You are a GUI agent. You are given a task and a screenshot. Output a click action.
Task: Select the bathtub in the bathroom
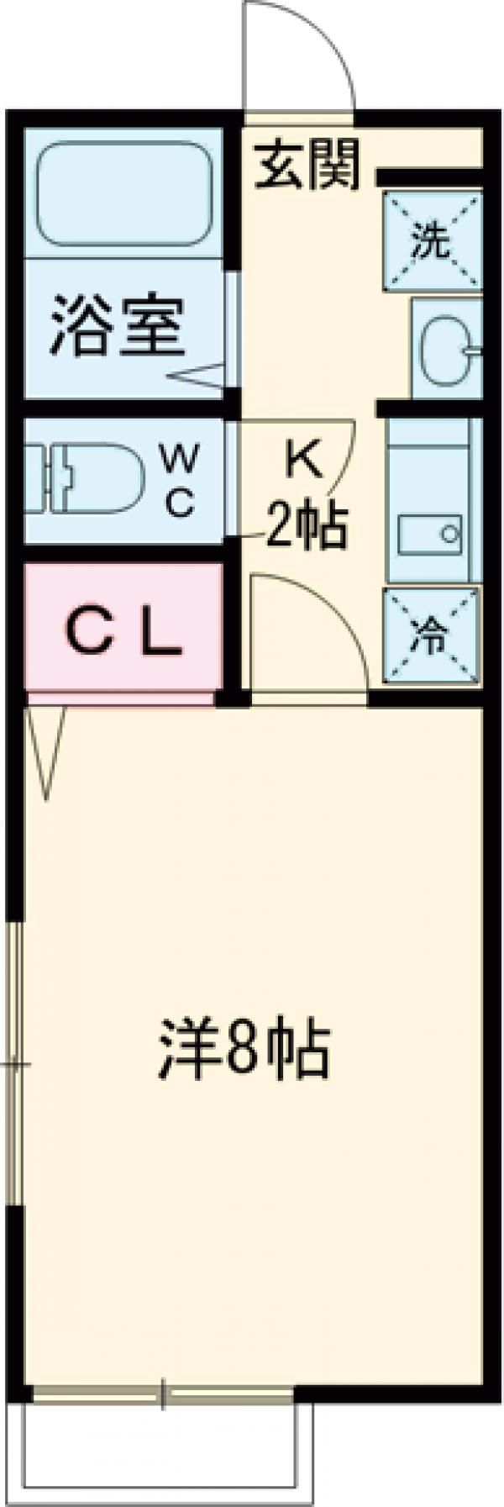coord(123,195)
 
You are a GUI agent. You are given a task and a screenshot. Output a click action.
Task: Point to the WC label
coord(180,481)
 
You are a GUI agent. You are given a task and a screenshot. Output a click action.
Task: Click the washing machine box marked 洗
coord(433,242)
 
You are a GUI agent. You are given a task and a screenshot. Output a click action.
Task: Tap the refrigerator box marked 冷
coord(431,638)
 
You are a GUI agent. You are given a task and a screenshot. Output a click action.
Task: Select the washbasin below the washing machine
coord(445,350)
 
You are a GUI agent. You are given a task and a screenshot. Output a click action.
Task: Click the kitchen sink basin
coord(430,534)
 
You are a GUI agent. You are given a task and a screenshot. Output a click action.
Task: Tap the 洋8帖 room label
coord(244,1051)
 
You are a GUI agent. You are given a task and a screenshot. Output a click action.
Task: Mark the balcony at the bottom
coord(164,1454)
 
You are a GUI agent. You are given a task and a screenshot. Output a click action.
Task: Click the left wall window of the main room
coord(13,1063)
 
